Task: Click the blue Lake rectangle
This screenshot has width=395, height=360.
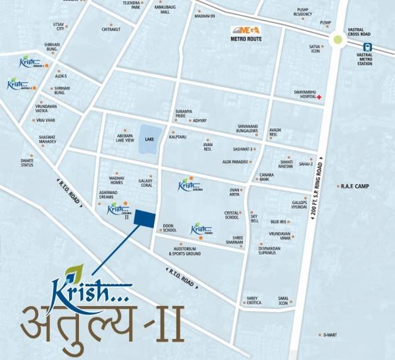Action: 148,140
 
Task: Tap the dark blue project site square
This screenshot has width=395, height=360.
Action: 144,220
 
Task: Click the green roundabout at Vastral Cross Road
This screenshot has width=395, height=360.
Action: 338,40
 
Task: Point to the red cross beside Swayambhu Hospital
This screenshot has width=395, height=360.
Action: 319,97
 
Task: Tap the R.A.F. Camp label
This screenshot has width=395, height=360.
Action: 355,186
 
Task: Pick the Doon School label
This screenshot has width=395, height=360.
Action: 169,228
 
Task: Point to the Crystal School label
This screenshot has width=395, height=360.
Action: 232,215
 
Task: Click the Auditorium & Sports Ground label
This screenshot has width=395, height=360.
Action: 184,251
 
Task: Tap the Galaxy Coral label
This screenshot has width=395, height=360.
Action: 145,183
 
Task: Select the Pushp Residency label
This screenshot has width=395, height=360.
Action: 303,11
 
